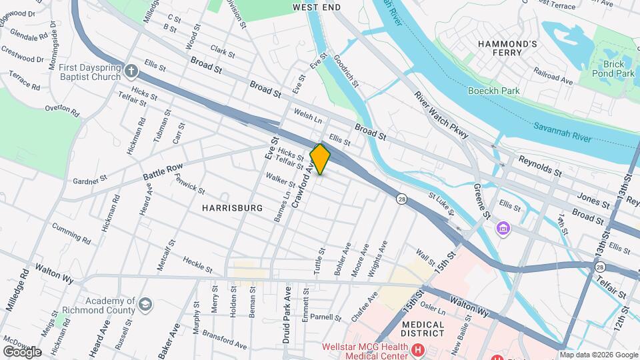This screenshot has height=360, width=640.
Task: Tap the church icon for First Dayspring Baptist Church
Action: [132, 69]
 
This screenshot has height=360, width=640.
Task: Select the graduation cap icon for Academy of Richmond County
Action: [145, 306]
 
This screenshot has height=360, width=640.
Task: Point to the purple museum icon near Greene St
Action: [503, 229]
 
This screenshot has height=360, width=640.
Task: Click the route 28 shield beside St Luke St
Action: [401, 199]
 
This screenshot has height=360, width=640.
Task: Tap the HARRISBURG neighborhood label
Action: [233, 208]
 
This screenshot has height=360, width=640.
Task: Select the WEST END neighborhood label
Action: [317, 7]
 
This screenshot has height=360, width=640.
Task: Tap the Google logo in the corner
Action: [22, 351]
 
